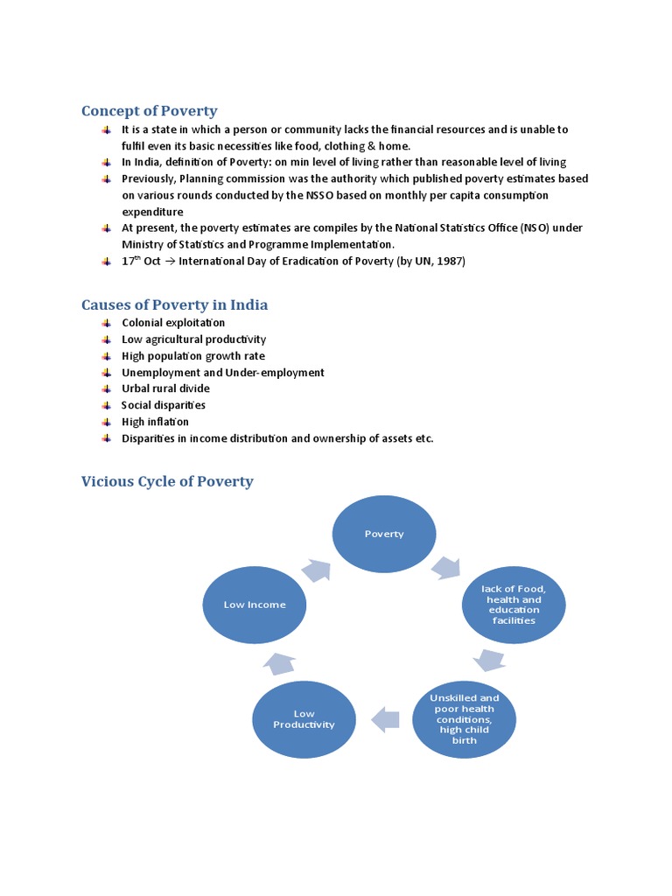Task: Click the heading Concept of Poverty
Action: pos(149,111)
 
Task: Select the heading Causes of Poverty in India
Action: pos(174,304)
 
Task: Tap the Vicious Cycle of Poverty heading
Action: pos(167,481)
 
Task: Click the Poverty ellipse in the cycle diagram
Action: pos(384,533)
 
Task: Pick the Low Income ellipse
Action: pos(254,605)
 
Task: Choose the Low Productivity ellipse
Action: pos(304,719)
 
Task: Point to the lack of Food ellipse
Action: pos(514,605)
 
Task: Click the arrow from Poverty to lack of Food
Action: pos(447,568)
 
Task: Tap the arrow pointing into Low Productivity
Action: pos(385,719)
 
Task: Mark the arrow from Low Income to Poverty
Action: pos(316,570)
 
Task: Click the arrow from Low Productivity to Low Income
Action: pos(282,662)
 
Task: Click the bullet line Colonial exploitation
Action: pos(173,323)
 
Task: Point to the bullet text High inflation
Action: pos(155,422)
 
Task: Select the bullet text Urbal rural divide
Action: pos(165,388)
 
